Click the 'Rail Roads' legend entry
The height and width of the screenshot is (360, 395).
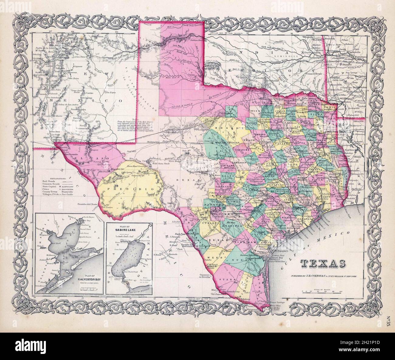click(49, 180)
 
